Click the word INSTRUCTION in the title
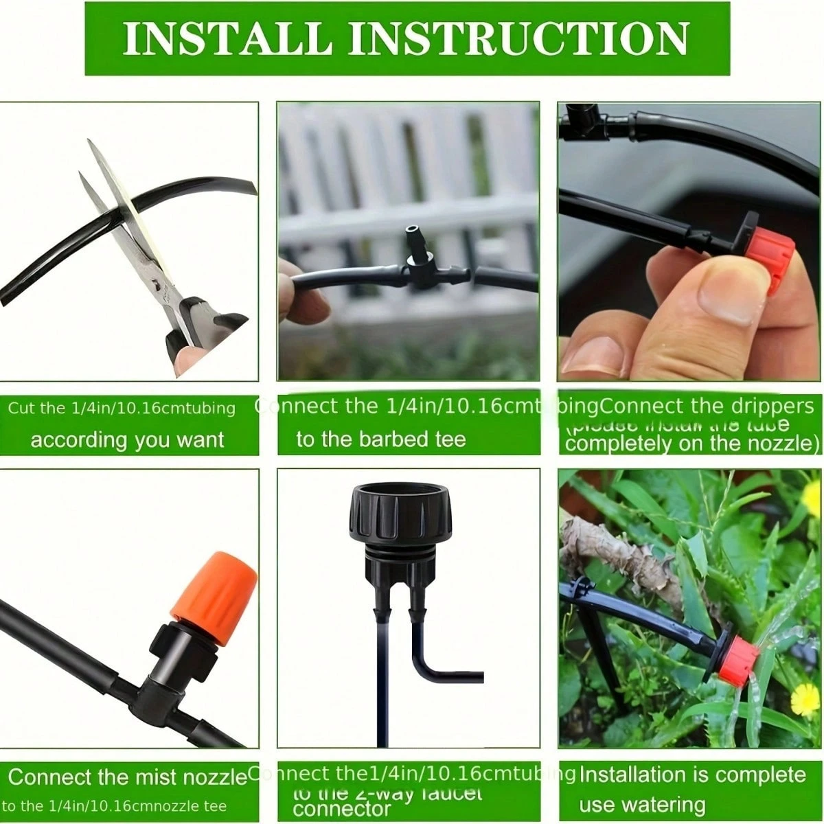point(518,38)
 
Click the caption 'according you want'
point(127,439)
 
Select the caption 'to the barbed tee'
point(380,439)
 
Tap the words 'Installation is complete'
point(692,775)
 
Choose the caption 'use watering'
point(642,804)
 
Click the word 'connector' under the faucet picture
point(341,809)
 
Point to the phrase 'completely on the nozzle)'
point(692,443)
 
